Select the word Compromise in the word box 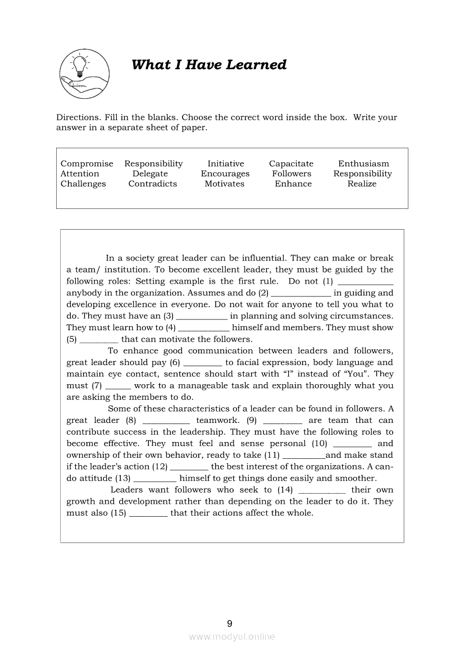pyautogui.click(x=87, y=163)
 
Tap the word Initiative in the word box pyautogui.click(x=226, y=163)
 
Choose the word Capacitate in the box pyautogui.click(x=291, y=163)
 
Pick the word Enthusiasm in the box pyautogui.click(x=363, y=163)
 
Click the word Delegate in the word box pyautogui.click(x=150, y=174)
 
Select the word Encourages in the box pyautogui.click(x=225, y=174)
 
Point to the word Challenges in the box pyautogui.click(x=83, y=184)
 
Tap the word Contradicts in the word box pyautogui.click(x=152, y=184)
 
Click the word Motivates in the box pyautogui.click(x=225, y=184)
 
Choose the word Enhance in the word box pyautogui.click(x=293, y=184)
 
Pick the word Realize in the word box pyautogui.click(x=362, y=184)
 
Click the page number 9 pyautogui.click(x=230, y=623)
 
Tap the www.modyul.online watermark pyautogui.click(x=232, y=636)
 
